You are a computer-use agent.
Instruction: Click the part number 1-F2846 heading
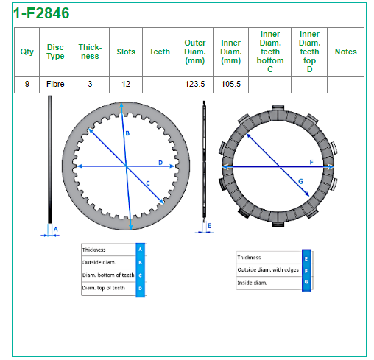pos(41,13)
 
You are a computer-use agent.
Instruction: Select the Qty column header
pos(27,52)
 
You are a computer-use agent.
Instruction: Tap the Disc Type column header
pos(55,52)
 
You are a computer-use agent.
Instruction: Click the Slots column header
pos(126,52)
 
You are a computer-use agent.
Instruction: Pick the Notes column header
pos(346,52)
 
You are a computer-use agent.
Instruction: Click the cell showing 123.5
pos(195,84)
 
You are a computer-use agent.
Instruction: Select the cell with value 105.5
pos(231,84)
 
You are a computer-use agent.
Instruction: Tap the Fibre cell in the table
pos(55,84)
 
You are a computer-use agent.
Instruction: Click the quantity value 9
pos(27,84)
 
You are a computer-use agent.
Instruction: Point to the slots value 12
pos(126,84)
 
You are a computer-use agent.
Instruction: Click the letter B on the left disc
pos(127,133)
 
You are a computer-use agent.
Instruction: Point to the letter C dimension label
pos(148,183)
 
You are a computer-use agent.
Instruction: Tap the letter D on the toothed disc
pos(160,163)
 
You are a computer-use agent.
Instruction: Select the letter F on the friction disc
pos(311,162)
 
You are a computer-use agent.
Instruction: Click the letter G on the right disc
pos(300,181)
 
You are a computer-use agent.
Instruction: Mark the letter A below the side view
pos(56,229)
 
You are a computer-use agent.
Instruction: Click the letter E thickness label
pos(209,226)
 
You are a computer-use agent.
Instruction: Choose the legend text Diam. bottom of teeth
pos(108,275)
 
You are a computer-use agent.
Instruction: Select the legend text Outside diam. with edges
pos(268,269)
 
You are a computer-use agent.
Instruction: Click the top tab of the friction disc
pos(278,108)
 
